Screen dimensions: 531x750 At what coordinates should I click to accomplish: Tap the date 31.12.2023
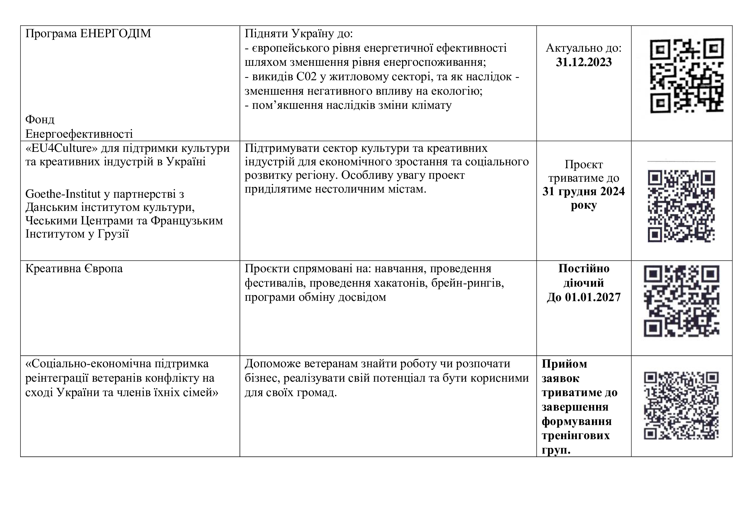(x=584, y=62)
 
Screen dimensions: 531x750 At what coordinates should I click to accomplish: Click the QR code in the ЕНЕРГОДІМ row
(x=687, y=76)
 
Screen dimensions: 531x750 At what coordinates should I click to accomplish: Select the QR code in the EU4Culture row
(x=681, y=206)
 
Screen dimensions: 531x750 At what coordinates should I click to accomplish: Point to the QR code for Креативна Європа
(x=681, y=301)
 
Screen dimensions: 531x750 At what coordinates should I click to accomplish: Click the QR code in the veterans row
(x=681, y=405)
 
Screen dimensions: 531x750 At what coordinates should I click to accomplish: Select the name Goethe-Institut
(x=63, y=194)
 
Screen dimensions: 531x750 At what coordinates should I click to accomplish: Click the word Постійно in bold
(x=584, y=268)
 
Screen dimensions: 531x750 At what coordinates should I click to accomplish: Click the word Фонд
(x=40, y=120)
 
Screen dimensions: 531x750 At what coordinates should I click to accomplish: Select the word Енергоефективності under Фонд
(x=79, y=134)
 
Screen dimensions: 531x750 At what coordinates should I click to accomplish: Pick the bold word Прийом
(x=564, y=364)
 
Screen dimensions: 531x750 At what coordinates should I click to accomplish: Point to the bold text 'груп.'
(x=556, y=450)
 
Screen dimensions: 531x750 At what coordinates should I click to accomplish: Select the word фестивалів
(x=275, y=283)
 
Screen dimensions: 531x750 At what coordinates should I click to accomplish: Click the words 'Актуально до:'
(x=584, y=48)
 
